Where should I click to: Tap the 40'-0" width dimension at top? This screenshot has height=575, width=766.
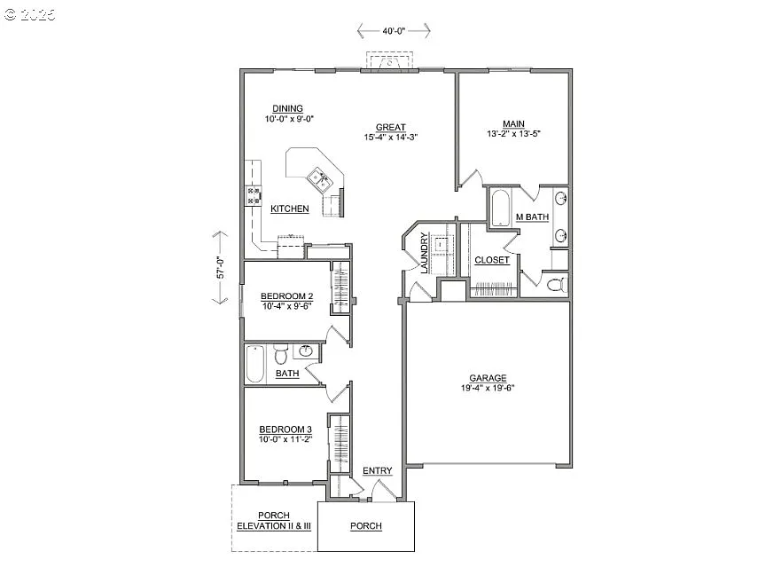click(x=394, y=31)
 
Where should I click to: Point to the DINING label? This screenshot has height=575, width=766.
click(x=287, y=108)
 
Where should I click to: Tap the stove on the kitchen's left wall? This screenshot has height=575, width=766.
click(x=253, y=195)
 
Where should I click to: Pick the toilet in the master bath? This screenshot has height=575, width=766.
click(x=555, y=285)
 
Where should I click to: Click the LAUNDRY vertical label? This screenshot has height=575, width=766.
click(x=425, y=253)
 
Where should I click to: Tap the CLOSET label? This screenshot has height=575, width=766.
click(x=492, y=260)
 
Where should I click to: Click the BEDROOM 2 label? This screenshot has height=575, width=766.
click(x=286, y=295)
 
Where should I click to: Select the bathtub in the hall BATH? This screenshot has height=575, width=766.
click(x=255, y=364)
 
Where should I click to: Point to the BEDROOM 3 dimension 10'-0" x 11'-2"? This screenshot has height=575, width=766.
click(x=285, y=439)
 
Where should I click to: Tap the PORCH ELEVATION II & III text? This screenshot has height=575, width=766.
click(x=274, y=521)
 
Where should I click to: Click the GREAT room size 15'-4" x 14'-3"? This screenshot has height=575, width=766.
click(x=390, y=138)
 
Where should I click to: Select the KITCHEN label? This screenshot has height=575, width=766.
click(x=290, y=209)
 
